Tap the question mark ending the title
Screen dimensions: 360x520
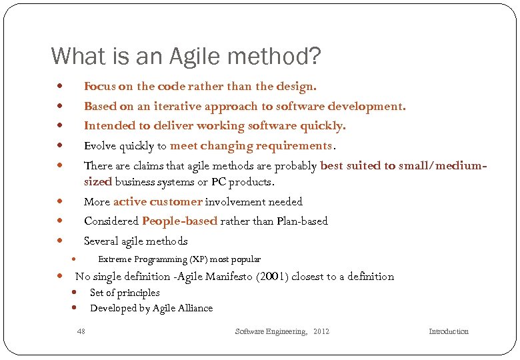click(x=314, y=56)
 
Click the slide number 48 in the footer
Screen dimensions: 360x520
click(x=81, y=331)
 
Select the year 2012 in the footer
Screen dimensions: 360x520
click(x=321, y=331)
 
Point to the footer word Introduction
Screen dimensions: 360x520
click(x=448, y=331)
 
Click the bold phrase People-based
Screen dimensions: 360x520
click(x=179, y=221)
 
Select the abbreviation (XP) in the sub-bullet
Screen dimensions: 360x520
click(x=198, y=259)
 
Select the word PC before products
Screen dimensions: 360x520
click(x=219, y=182)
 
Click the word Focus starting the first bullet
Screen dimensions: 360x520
click(x=99, y=86)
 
